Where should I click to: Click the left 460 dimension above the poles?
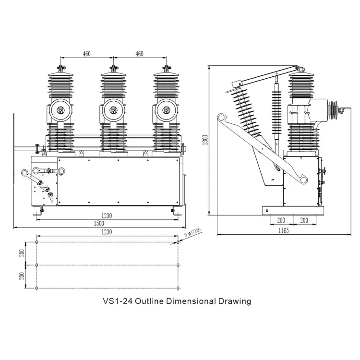[x=86, y=54]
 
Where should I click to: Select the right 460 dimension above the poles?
[x=139, y=54]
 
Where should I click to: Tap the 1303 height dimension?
[x=205, y=140]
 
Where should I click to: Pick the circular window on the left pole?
[x=60, y=110]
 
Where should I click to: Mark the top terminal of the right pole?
[x=167, y=69]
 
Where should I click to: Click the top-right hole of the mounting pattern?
[x=178, y=242]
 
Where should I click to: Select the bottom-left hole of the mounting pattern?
[x=37, y=288]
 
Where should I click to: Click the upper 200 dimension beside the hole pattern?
[x=22, y=253]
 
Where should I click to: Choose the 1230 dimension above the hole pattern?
[x=107, y=232]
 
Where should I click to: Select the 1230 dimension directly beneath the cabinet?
[x=107, y=216]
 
